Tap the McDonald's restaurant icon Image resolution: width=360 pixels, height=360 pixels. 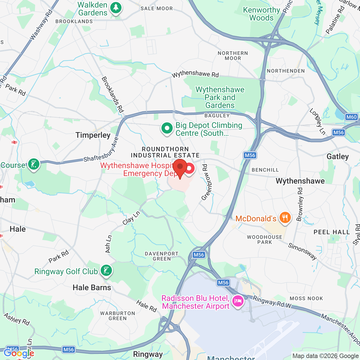click(x=285, y=217)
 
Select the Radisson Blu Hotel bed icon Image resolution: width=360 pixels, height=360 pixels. click(x=238, y=301)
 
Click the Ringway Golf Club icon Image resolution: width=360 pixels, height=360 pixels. click(x=106, y=271)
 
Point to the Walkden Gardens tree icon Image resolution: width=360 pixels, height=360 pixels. click(x=116, y=8)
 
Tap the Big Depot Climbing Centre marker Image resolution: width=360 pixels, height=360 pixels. click(x=167, y=128)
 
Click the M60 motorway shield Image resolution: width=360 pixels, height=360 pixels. click(x=351, y=117)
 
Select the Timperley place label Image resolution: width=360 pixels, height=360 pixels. click(x=93, y=135)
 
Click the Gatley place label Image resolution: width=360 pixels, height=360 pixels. click(x=337, y=157)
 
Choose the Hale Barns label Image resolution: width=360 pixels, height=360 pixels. click(x=92, y=288)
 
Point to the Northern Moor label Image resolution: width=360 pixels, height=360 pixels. click(x=233, y=56)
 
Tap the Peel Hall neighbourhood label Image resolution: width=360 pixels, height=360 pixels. click(x=332, y=232)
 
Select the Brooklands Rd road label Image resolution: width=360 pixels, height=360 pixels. click(x=112, y=94)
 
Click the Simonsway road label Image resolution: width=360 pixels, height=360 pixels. click(x=302, y=251)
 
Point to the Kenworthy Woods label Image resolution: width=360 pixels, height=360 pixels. click(x=262, y=14)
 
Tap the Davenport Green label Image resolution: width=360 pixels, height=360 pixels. click(x=161, y=256)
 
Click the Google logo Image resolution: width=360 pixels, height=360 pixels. click(x=19, y=353)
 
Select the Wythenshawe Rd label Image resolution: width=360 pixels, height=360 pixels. click(x=195, y=74)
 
